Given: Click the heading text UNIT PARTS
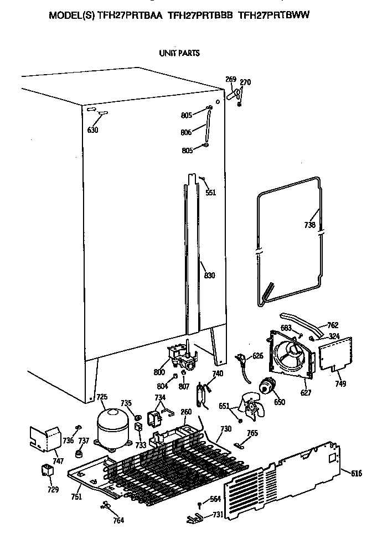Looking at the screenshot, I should tap(179, 53).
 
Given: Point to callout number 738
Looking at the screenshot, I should tap(310, 225).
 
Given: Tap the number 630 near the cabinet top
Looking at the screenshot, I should tap(92, 131).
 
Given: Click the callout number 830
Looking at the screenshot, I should tap(209, 276).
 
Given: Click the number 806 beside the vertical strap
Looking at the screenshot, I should tap(186, 132).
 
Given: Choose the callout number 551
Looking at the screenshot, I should tap(210, 193).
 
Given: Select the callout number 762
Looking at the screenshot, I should tap(333, 325).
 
